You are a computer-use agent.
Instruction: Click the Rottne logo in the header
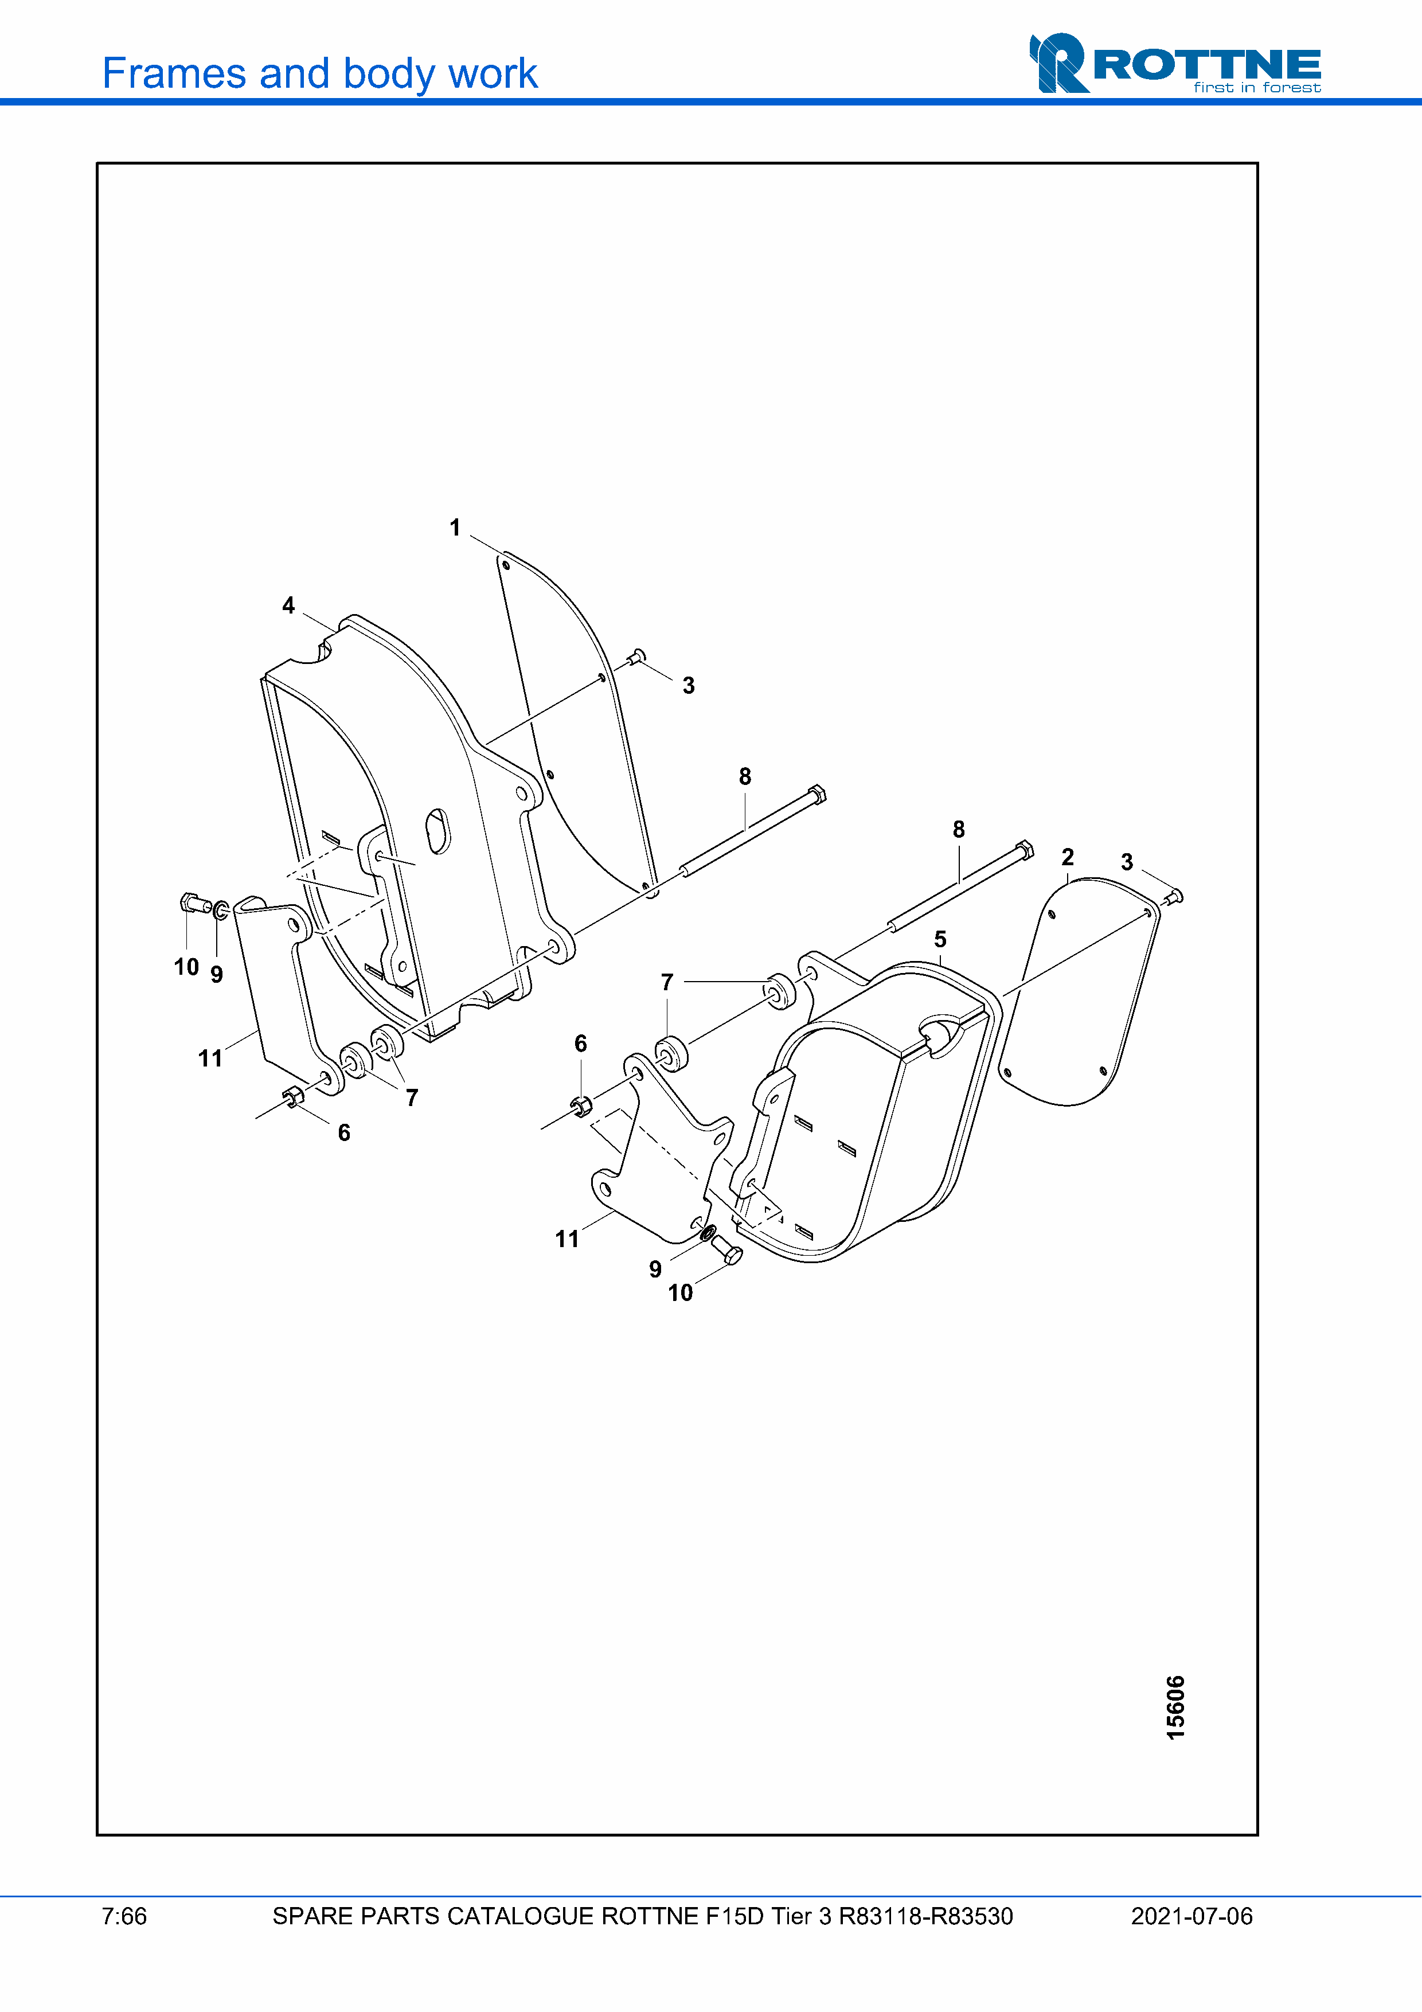pyautogui.click(x=1175, y=63)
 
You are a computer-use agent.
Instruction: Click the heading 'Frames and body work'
pyautogui.click(x=320, y=73)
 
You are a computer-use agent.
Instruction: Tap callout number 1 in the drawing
pyautogui.click(x=455, y=528)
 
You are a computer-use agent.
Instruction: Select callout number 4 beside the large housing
pyautogui.click(x=288, y=605)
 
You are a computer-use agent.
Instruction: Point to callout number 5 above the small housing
pyautogui.click(x=940, y=939)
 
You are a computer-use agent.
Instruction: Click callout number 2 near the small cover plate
pyautogui.click(x=1067, y=857)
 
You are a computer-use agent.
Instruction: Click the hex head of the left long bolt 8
pyautogui.click(x=817, y=794)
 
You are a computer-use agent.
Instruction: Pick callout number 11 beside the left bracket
pyautogui.click(x=210, y=1058)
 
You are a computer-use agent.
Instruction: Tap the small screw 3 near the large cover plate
pyautogui.click(x=637, y=657)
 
